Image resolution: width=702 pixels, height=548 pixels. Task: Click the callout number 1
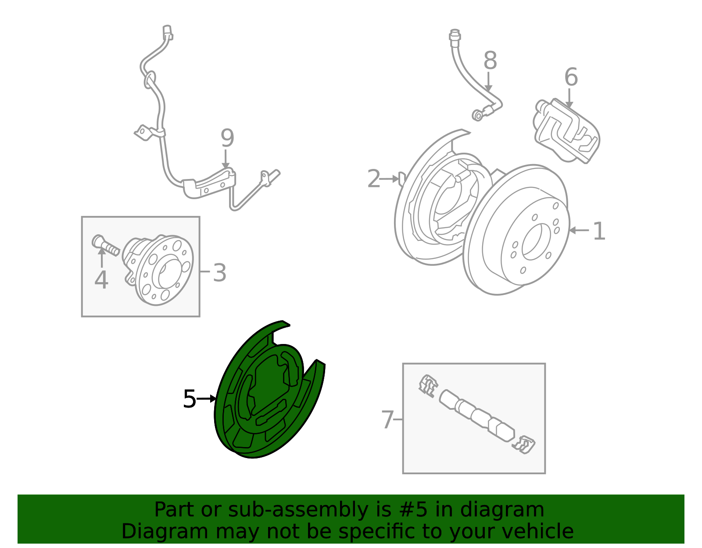coord(599,231)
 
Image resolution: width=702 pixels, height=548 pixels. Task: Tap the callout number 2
coord(374,179)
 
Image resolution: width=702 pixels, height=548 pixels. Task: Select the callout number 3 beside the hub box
coord(220,272)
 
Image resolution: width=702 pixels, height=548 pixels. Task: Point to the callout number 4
coord(101,280)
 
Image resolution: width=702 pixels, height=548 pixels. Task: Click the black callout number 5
coord(189,399)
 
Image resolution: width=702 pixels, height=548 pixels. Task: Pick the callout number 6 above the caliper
coord(571,77)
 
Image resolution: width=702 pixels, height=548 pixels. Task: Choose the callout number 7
coord(387,419)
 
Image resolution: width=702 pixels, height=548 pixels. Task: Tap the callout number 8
coord(490,61)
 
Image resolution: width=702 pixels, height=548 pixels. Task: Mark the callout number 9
coord(227,138)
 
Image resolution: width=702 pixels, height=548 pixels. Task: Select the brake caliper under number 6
coord(566,131)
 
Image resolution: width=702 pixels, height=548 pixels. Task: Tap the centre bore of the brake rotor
coord(536,242)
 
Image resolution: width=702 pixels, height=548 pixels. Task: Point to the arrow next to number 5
coord(207,399)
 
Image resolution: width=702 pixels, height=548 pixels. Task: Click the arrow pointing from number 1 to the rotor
coord(579,230)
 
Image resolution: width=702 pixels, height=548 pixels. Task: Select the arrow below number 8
coord(488,82)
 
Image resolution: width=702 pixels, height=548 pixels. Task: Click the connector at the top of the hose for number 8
coord(455,36)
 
